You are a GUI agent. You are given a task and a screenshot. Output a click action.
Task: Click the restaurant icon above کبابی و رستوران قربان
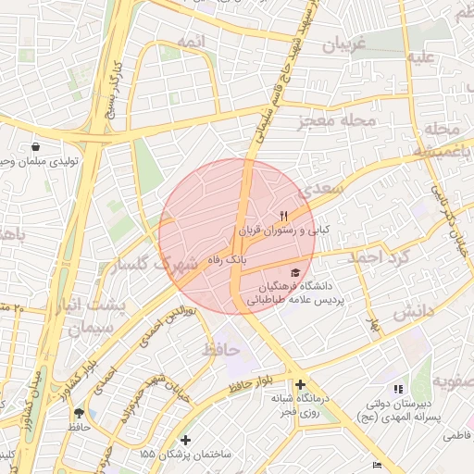click(x=271, y=215)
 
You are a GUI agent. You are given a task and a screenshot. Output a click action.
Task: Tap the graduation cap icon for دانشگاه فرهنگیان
click(x=295, y=273)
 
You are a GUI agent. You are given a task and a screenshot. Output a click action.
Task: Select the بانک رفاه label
click(x=231, y=262)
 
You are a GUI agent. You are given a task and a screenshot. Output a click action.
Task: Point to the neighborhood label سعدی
click(x=322, y=189)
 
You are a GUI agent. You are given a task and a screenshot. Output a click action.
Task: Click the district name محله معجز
click(x=337, y=121)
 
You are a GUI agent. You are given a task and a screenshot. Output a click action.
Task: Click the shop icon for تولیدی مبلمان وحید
click(x=35, y=147)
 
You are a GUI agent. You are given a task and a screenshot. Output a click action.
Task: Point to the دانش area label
click(x=413, y=312)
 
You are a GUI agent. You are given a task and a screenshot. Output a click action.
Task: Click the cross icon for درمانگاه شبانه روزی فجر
click(x=300, y=384)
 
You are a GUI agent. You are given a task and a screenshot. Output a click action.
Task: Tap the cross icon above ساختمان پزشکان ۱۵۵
click(x=186, y=440)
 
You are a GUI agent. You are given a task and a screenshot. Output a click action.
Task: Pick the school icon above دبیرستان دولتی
click(x=398, y=389)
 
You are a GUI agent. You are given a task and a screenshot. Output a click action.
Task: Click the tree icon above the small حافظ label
click(x=78, y=413)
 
